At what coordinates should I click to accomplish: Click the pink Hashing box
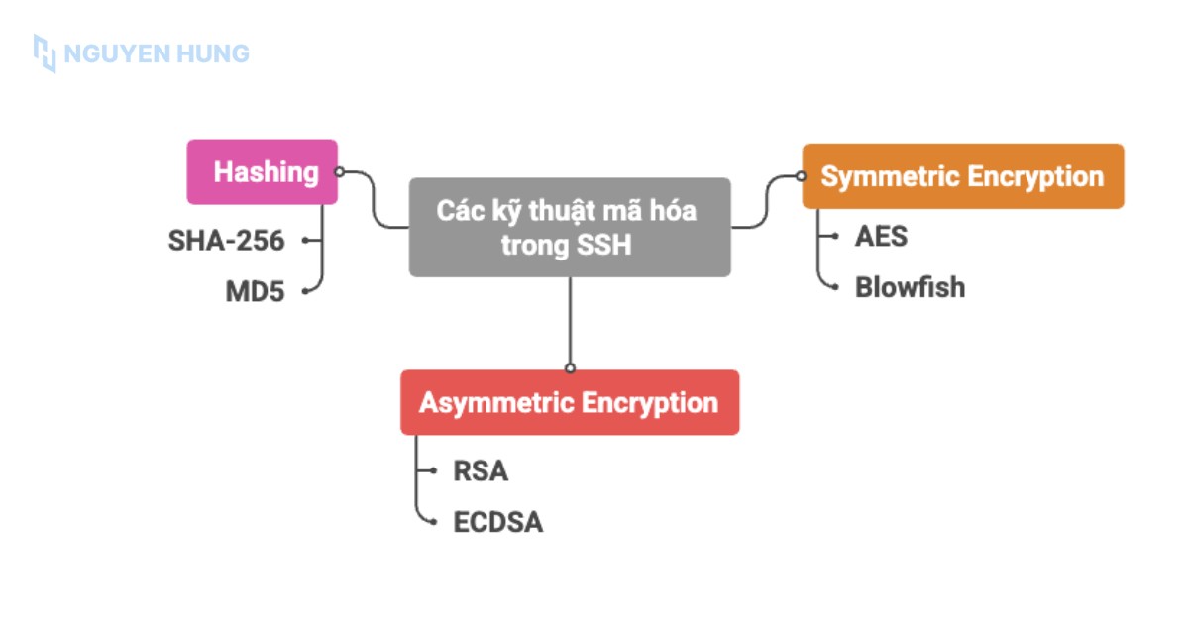tap(263, 172)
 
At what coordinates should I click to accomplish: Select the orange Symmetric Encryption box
tap(962, 176)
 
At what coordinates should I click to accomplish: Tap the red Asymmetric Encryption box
tap(570, 402)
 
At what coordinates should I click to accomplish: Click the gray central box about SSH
tap(570, 227)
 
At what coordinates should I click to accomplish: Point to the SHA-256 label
tap(227, 240)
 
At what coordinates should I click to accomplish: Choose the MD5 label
tap(255, 292)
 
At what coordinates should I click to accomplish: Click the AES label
tap(881, 237)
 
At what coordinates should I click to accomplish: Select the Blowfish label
tap(910, 287)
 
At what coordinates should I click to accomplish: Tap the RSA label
tap(481, 470)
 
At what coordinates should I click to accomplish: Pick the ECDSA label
tap(497, 522)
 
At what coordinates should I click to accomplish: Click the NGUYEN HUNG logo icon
tap(45, 52)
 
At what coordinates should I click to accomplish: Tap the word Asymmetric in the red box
tap(496, 403)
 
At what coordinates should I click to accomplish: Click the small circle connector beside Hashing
tap(339, 171)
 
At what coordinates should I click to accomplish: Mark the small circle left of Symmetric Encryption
tap(801, 177)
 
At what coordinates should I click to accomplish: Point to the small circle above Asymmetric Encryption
tap(570, 367)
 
